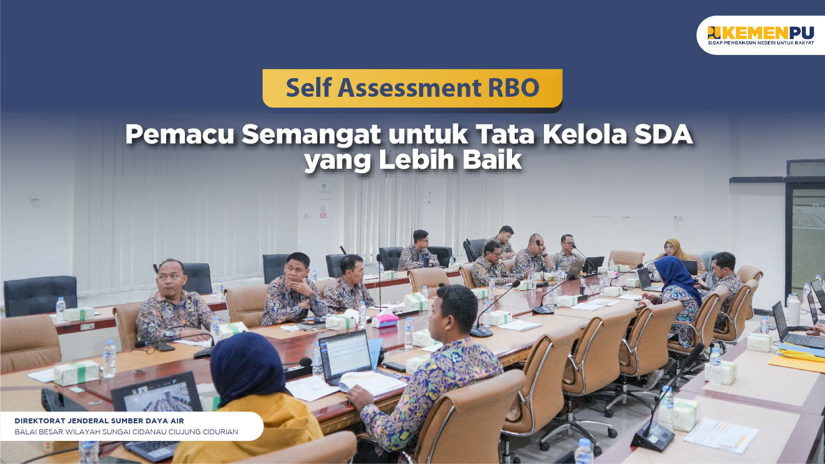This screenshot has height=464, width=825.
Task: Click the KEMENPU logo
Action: click(x=761, y=35)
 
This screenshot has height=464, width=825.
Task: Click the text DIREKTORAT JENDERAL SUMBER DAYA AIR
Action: click(x=99, y=421)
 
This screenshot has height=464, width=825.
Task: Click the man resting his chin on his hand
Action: click(x=293, y=290)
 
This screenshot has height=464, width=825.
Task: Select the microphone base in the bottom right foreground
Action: click(x=652, y=437)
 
